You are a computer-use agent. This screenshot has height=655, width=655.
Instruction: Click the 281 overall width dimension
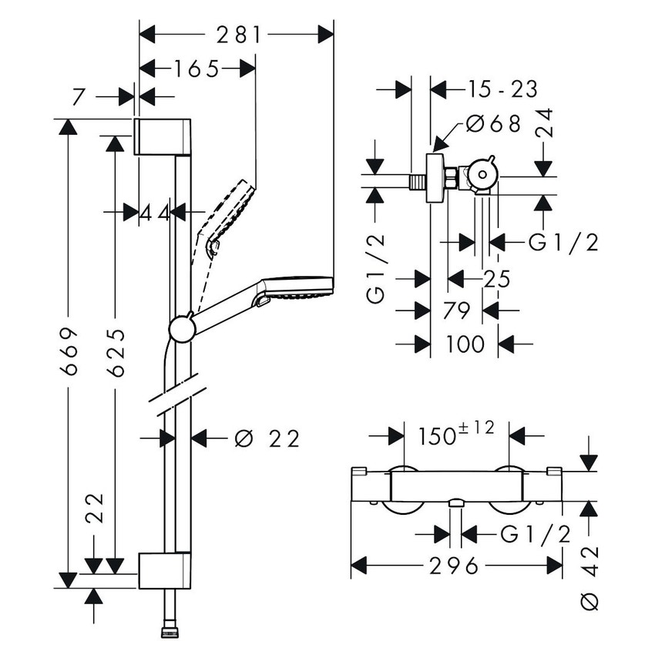pos(237,35)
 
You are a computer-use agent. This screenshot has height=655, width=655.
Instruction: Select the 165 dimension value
pos(196,69)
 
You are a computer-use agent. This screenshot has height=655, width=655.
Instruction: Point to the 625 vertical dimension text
pos(116,352)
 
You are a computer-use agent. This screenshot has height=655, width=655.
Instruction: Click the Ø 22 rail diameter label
pos(266,438)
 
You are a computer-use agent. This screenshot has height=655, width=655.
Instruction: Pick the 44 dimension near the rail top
pos(154,212)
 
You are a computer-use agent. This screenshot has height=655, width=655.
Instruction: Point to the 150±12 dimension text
pos(457,435)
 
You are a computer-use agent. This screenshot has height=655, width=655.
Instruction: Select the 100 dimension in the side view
pos(465,344)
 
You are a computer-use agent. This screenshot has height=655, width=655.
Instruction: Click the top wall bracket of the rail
pos(162,136)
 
